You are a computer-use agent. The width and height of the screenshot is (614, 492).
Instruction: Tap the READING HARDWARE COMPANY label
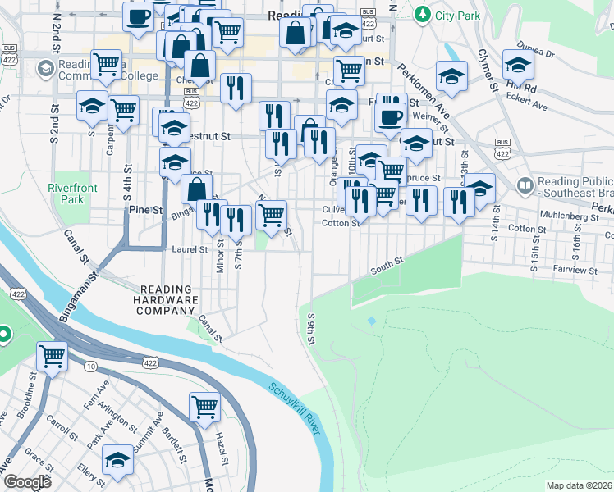(168, 300)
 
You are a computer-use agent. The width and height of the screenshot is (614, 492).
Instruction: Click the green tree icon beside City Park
(422, 13)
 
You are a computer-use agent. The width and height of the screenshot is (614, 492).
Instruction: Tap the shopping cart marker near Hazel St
(204, 405)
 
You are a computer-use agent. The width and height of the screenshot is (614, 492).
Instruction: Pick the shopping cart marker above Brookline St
(52, 356)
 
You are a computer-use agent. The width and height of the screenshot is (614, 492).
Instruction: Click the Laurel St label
(189, 248)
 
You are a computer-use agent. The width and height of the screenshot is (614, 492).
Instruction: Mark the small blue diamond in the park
(372, 320)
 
